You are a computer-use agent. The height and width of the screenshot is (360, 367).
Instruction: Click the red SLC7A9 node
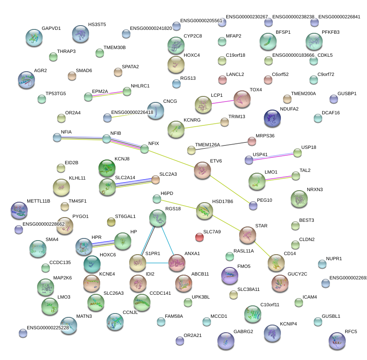(x=199, y=237)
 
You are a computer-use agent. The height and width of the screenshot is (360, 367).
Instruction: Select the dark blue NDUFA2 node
(x=272, y=119)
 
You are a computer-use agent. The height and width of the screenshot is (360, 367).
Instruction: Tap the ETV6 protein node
(x=202, y=170)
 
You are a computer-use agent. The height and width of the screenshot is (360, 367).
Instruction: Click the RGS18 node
(x=158, y=218)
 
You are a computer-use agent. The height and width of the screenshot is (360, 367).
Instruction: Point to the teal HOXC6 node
(x=92, y=264)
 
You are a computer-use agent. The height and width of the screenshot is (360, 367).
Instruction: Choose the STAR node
(x=248, y=235)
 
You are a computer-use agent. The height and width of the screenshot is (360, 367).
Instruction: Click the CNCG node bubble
(x=155, y=111)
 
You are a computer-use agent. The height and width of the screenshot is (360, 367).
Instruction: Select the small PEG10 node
(x=253, y=206)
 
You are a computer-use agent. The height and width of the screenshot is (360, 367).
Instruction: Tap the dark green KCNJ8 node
(x=107, y=168)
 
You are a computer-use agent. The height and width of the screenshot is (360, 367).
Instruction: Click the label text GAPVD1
(x=51, y=29)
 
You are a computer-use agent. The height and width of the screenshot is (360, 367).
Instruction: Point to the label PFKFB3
(x=331, y=32)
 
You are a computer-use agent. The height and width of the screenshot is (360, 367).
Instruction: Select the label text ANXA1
(x=192, y=253)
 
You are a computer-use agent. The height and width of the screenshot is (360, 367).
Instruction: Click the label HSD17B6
(x=223, y=201)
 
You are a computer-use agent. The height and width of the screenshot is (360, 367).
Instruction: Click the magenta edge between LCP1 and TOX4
(x=223, y=102)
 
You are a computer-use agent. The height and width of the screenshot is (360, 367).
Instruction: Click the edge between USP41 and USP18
(x=273, y=156)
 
